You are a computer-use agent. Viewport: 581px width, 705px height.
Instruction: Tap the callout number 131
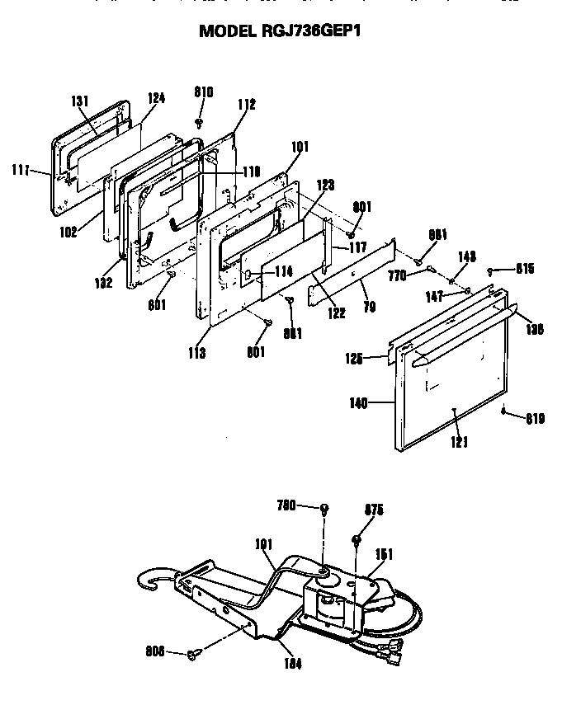pos(79,101)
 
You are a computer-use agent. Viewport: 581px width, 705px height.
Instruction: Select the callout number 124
pos(156,97)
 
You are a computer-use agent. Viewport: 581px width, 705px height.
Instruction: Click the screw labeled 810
pos(200,123)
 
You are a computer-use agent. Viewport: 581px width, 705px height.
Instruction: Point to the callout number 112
pos(246,105)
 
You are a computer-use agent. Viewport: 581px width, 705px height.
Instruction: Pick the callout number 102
pos(68,232)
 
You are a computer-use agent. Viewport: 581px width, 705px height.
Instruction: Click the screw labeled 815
pos(491,270)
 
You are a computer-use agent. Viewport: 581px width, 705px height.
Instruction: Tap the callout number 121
pos(459,442)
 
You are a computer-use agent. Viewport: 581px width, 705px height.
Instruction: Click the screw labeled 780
pos(325,507)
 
